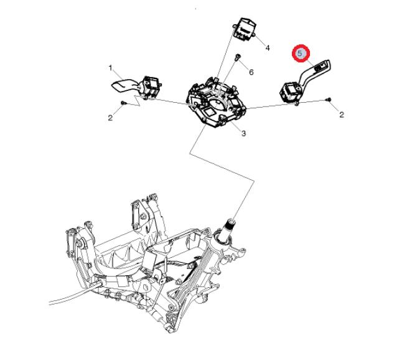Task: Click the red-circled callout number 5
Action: coord(300,53)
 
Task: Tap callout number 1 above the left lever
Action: coord(110,68)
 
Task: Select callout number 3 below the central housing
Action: coord(243,133)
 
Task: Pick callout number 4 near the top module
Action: coord(268,48)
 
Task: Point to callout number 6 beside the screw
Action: coord(251,72)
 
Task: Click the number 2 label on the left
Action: coord(110,118)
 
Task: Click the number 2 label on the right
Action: coord(342,115)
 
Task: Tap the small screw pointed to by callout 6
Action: coord(238,57)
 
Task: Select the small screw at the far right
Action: coord(329,100)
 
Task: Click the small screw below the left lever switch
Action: coord(123,102)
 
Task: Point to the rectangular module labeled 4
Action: coord(244,29)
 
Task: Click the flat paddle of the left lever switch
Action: coord(123,86)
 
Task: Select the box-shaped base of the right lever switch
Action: coord(290,92)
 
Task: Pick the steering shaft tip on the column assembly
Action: coord(230,222)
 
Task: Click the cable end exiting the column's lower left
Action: coord(51,303)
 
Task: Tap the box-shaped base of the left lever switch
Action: coord(151,86)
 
